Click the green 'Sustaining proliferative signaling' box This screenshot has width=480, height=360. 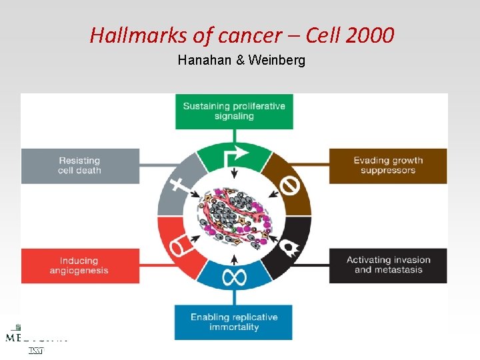[x=234, y=111]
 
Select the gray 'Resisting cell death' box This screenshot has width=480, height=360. [x=80, y=165]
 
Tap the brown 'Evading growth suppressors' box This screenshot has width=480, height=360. [x=388, y=165]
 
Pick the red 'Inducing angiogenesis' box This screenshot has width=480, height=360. [x=80, y=265]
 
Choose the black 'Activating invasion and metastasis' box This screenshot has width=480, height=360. [x=388, y=265]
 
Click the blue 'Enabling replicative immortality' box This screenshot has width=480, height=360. [x=234, y=322]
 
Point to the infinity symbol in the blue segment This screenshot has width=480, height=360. [x=234, y=277]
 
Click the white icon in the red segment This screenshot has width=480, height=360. [x=179, y=248]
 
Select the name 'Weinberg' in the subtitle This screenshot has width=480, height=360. [x=277, y=61]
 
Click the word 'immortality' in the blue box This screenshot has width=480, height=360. [x=234, y=327]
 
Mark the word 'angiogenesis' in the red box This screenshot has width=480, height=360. [x=79, y=271]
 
